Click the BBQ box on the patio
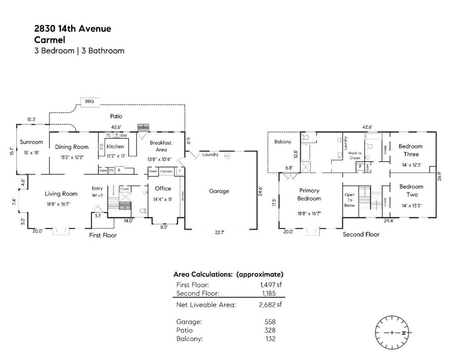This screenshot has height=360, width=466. tap(90, 101)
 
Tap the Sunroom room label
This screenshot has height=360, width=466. tap(31, 142)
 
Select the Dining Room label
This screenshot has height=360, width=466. tap(71, 147)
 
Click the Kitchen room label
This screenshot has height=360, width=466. tap(115, 147)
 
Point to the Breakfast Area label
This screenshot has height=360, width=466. tap(161, 146)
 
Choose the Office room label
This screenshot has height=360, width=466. tap(163, 188)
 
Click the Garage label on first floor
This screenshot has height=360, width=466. tap(219, 191)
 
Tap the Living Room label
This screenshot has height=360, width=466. tap(61, 194)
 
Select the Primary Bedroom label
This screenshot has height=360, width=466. tap(309, 194)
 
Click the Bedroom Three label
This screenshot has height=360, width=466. tap(410, 150)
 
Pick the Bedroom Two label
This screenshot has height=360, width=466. tap(411, 190)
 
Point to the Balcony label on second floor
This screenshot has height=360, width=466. tap(283, 142)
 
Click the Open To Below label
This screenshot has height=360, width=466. tap(349, 200)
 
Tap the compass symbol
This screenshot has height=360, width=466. tap(392, 333)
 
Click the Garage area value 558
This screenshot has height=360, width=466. tap(270, 321)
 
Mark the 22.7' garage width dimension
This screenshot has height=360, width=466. tap(219, 233)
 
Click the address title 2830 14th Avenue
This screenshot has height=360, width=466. tap(73, 29)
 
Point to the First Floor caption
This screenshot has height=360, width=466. tap(102, 235)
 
